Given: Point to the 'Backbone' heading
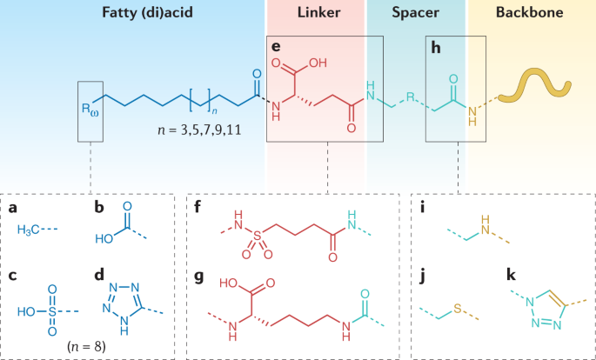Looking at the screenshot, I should point(532,15).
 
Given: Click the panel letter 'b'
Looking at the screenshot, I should point(99,208).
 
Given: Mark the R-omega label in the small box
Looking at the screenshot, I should point(90,110).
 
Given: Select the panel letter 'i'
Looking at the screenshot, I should point(423,208).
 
